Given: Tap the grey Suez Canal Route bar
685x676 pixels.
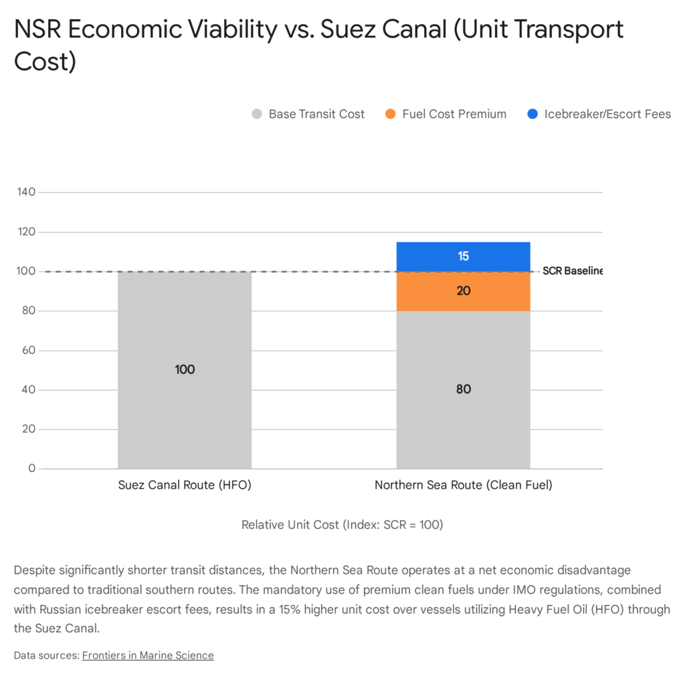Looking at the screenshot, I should point(185,401).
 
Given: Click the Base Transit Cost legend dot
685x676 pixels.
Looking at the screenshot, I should point(257,114).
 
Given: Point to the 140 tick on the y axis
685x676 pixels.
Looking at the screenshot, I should point(27,193).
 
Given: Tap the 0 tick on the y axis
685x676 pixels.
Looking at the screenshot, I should point(31,469).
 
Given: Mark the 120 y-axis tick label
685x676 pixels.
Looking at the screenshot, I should point(27,232).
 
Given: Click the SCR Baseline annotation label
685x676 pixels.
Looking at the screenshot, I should point(572,271).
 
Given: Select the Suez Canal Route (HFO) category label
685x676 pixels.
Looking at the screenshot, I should point(185,485).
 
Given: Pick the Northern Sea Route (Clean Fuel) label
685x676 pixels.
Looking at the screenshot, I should point(464,485).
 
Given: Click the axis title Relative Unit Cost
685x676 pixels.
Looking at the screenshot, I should point(342,525).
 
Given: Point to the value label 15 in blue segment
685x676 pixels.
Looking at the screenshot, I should point(464,256).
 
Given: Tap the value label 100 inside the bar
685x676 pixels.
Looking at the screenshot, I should point(185,370).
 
